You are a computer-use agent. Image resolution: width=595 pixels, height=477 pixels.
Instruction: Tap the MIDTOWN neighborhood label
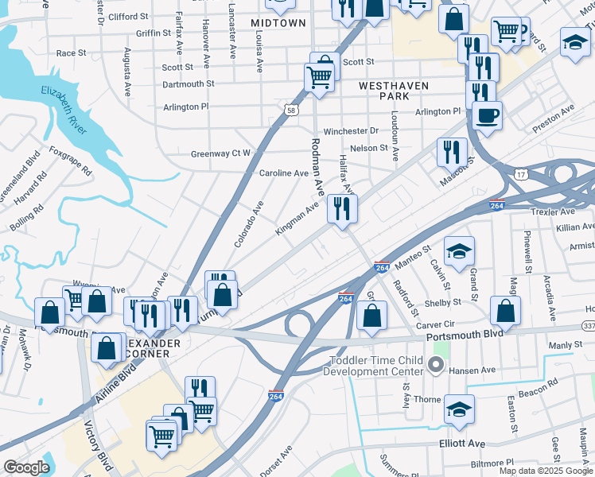278,23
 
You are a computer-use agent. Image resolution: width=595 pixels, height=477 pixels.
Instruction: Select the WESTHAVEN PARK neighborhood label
393,91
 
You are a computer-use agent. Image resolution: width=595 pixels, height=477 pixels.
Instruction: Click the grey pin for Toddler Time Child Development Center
435,366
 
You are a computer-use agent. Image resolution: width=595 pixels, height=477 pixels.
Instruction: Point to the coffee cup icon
486,114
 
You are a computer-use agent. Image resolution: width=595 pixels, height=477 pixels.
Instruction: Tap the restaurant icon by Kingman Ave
342,209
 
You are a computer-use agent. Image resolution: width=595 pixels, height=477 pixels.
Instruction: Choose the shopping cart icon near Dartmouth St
319,78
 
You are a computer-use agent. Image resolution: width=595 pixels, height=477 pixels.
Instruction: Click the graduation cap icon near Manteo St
458,251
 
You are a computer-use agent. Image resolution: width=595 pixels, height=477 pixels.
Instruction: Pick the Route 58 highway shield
292,111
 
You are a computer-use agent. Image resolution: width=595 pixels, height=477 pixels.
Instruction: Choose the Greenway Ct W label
220,153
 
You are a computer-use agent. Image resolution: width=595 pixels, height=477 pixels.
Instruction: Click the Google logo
26,467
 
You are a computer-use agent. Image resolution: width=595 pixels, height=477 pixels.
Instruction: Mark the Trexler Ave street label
552,212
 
